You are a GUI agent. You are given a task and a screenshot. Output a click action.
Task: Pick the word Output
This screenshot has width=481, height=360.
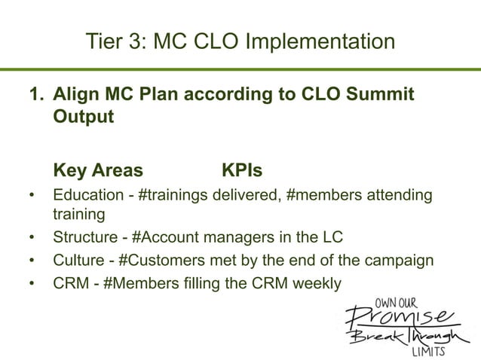(x=84, y=119)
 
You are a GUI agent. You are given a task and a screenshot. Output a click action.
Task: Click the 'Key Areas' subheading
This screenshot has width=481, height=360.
(x=97, y=169)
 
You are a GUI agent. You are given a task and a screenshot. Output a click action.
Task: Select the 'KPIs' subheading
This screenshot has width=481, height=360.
(x=242, y=169)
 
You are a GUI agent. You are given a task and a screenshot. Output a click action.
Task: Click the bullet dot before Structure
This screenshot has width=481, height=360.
(x=32, y=239)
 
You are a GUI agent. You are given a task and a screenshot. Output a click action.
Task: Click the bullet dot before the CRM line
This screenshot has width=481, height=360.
(x=32, y=284)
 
